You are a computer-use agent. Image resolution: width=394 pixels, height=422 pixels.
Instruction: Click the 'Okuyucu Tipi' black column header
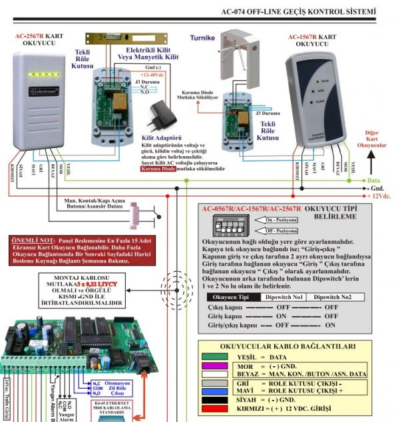click(230, 298)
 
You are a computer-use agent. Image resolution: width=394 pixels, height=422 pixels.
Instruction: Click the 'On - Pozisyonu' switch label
click(280, 219)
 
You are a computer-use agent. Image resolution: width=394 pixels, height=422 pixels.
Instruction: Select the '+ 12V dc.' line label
click(379, 196)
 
